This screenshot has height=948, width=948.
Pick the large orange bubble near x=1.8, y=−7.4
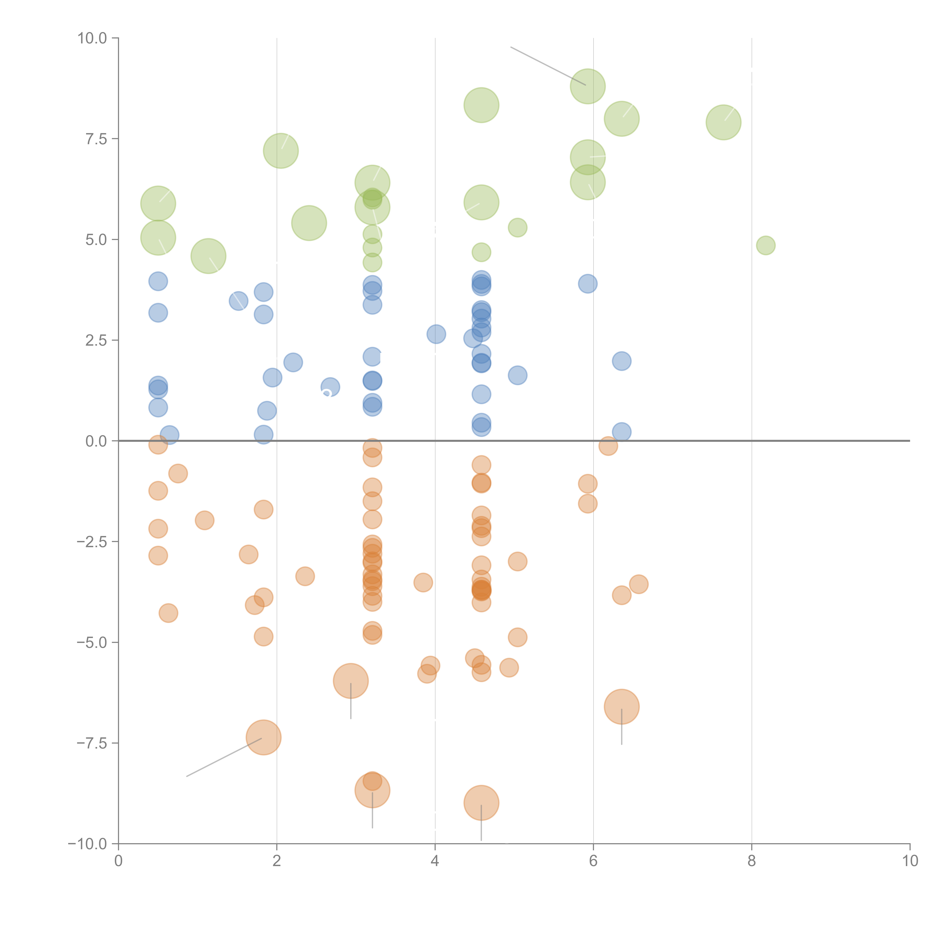(264, 738)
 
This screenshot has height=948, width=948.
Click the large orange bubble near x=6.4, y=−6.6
(622, 707)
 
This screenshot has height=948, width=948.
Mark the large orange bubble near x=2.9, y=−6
(350, 681)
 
